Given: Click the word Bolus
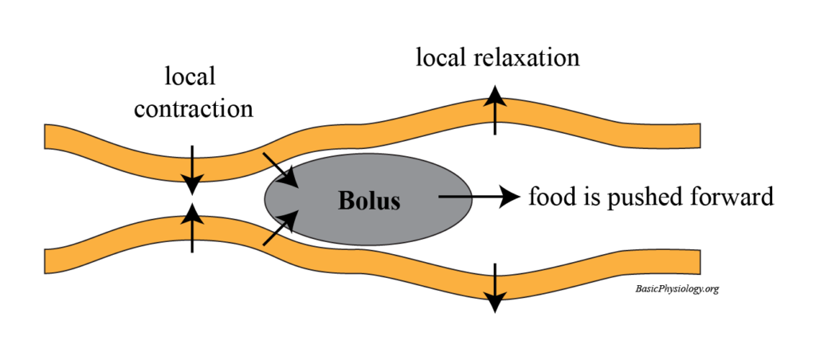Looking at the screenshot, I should [x=368, y=201].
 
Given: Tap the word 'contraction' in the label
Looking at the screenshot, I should [x=194, y=108].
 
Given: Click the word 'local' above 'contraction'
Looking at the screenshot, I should [x=190, y=77].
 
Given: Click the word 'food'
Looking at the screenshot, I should [x=548, y=197].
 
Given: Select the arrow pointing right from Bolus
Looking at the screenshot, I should [x=478, y=196].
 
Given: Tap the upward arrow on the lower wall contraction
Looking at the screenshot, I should [x=191, y=226].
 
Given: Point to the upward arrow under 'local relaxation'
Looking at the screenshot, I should [x=495, y=112].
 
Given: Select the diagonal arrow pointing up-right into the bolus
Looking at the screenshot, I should [x=283, y=226].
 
